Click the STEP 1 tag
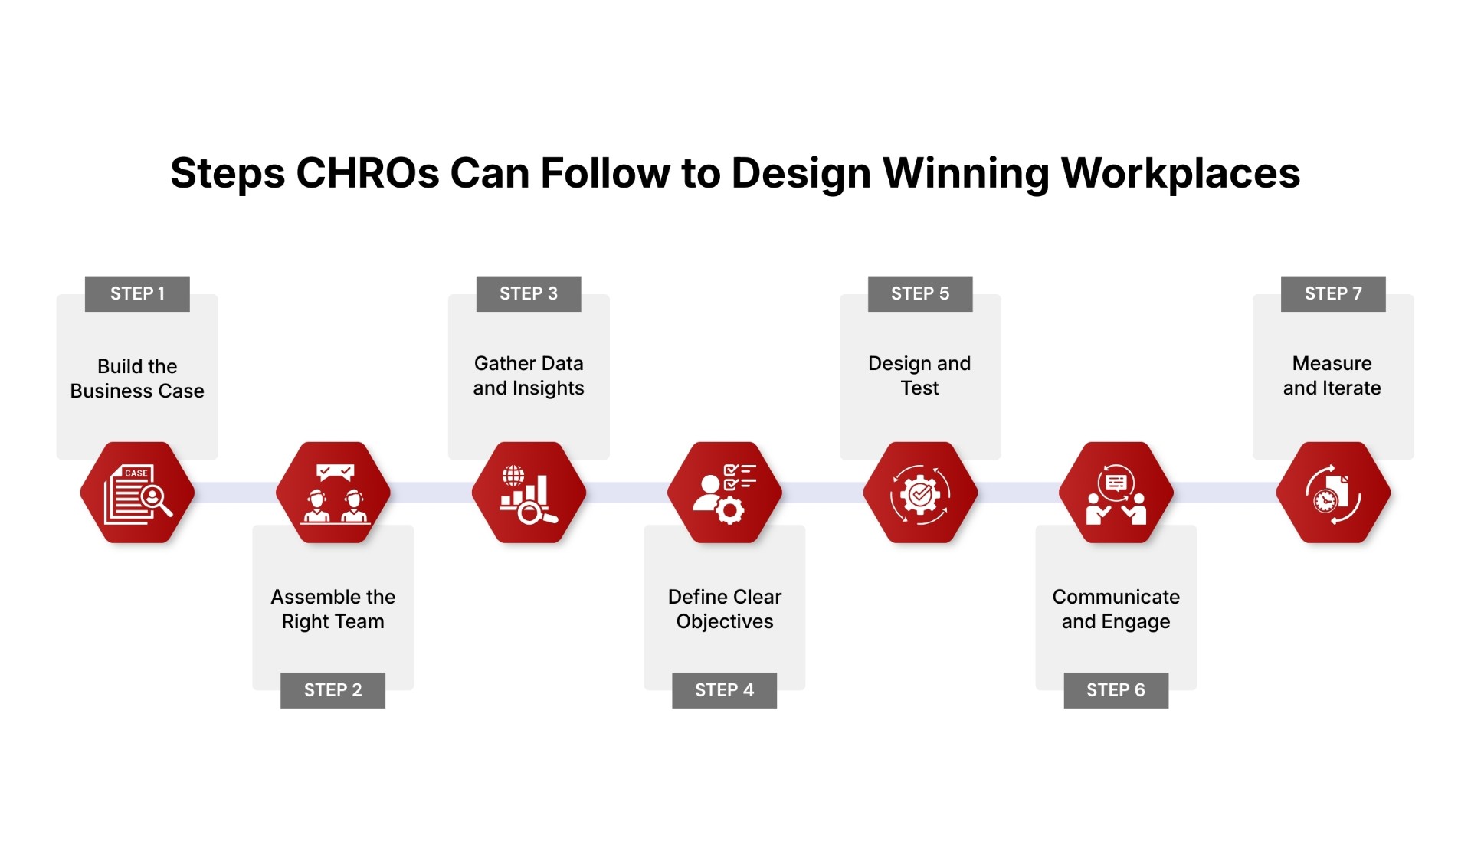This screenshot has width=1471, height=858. coord(137,293)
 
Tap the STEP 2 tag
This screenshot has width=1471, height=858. coord(333,690)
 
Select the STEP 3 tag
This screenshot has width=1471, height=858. coord(529,293)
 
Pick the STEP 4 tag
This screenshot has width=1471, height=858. coord(724,690)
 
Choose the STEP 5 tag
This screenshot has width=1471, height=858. coord(920,293)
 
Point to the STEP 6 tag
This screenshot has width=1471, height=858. coord(1116,690)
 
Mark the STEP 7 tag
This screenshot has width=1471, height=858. coord(1333,293)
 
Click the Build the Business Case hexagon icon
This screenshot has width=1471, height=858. coord(137,493)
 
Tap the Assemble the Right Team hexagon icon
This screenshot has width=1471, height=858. coord(333,493)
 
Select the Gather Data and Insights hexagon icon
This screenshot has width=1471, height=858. coord(529,493)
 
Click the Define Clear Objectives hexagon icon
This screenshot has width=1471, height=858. coord(725,493)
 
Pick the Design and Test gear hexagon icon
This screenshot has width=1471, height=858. coord(920,493)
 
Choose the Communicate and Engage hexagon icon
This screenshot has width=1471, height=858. coord(1116,493)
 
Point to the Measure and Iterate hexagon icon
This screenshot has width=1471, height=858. coord(1333,493)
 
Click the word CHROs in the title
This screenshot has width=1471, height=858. coord(367,173)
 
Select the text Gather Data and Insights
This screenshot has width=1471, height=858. coord(529,375)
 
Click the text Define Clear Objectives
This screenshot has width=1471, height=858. coord(725,609)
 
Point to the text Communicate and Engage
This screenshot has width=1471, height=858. coord(1116,609)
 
